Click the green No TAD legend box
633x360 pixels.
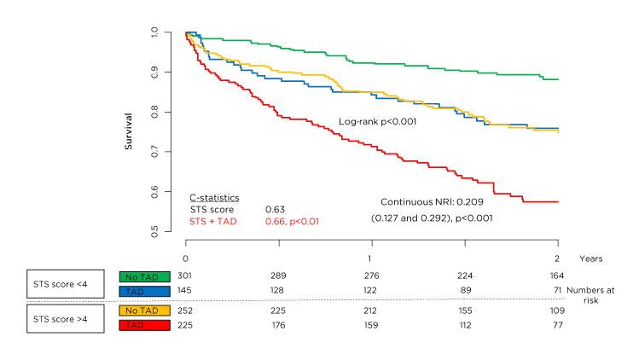tap(148, 276)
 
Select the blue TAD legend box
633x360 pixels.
tap(148, 291)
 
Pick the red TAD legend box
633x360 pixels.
tap(148, 325)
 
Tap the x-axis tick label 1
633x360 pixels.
tap(369, 258)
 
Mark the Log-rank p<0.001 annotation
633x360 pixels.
tap(377, 122)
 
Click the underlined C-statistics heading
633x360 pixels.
tap(214, 197)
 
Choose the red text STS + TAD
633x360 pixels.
tap(213, 221)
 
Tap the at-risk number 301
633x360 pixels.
tap(185, 276)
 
